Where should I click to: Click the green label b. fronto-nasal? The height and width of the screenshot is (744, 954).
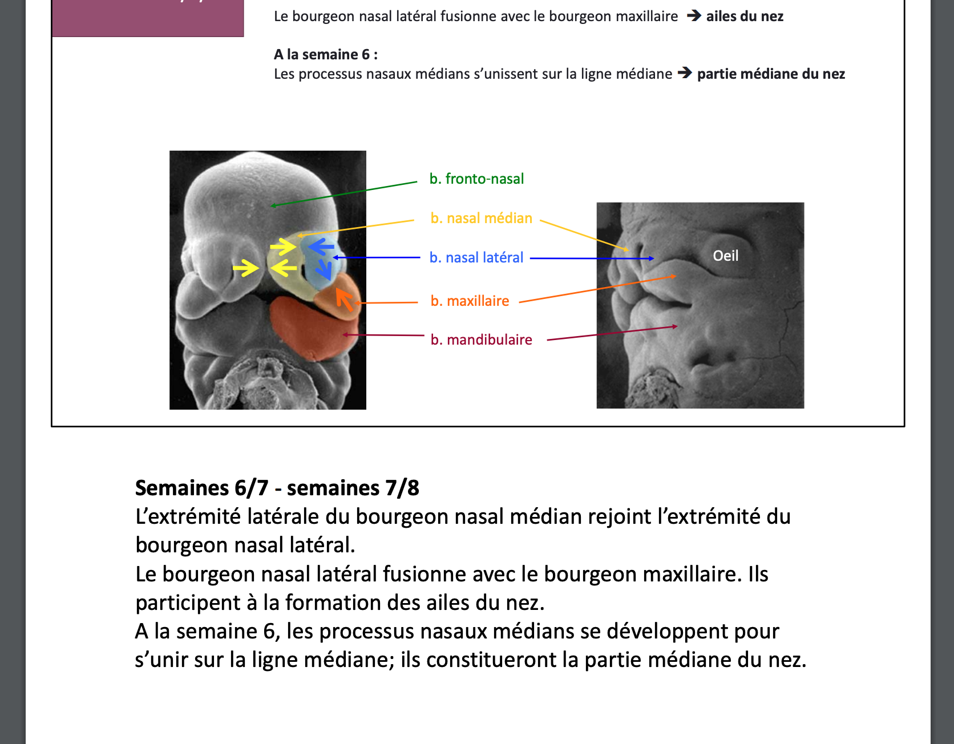pyautogui.click(x=476, y=179)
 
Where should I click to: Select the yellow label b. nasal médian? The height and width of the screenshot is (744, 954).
pyautogui.click(x=481, y=218)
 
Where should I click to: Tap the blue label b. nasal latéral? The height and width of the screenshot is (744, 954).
pyautogui.click(x=476, y=257)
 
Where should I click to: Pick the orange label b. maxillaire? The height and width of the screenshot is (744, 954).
pyautogui.click(x=470, y=301)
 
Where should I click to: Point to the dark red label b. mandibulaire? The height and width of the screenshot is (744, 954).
pyautogui.click(x=481, y=339)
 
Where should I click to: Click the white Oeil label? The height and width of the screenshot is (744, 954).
pyautogui.click(x=725, y=256)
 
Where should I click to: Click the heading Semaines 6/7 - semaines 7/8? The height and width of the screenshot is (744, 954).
pyautogui.click(x=277, y=488)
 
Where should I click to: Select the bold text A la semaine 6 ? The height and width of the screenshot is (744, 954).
pyautogui.click(x=326, y=54)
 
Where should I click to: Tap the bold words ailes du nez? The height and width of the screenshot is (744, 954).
pyautogui.click(x=745, y=16)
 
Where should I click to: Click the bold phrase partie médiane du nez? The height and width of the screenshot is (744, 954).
pyautogui.click(x=771, y=74)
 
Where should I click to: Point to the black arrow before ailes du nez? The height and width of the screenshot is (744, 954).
pyautogui.click(x=694, y=15)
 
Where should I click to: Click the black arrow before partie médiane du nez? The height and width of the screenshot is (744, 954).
pyautogui.click(x=685, y=73)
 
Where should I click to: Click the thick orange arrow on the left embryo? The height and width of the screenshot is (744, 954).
pyautogui.click(x=344, y=298)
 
